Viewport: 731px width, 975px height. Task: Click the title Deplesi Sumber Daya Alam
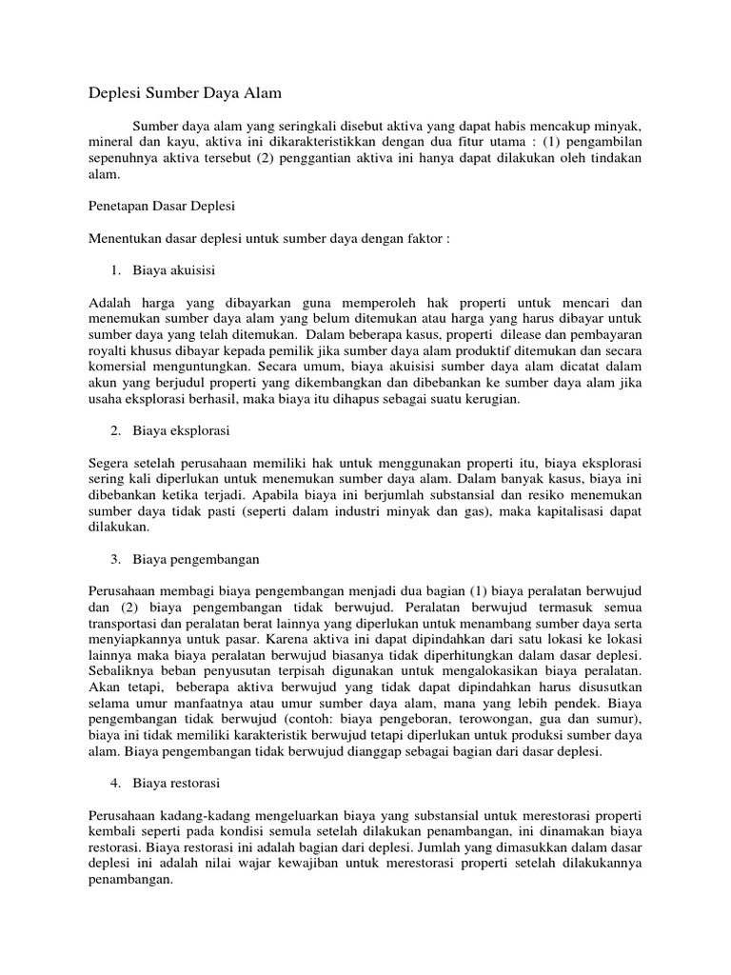point(187,93)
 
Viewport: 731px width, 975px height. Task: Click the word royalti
point(108,351)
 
